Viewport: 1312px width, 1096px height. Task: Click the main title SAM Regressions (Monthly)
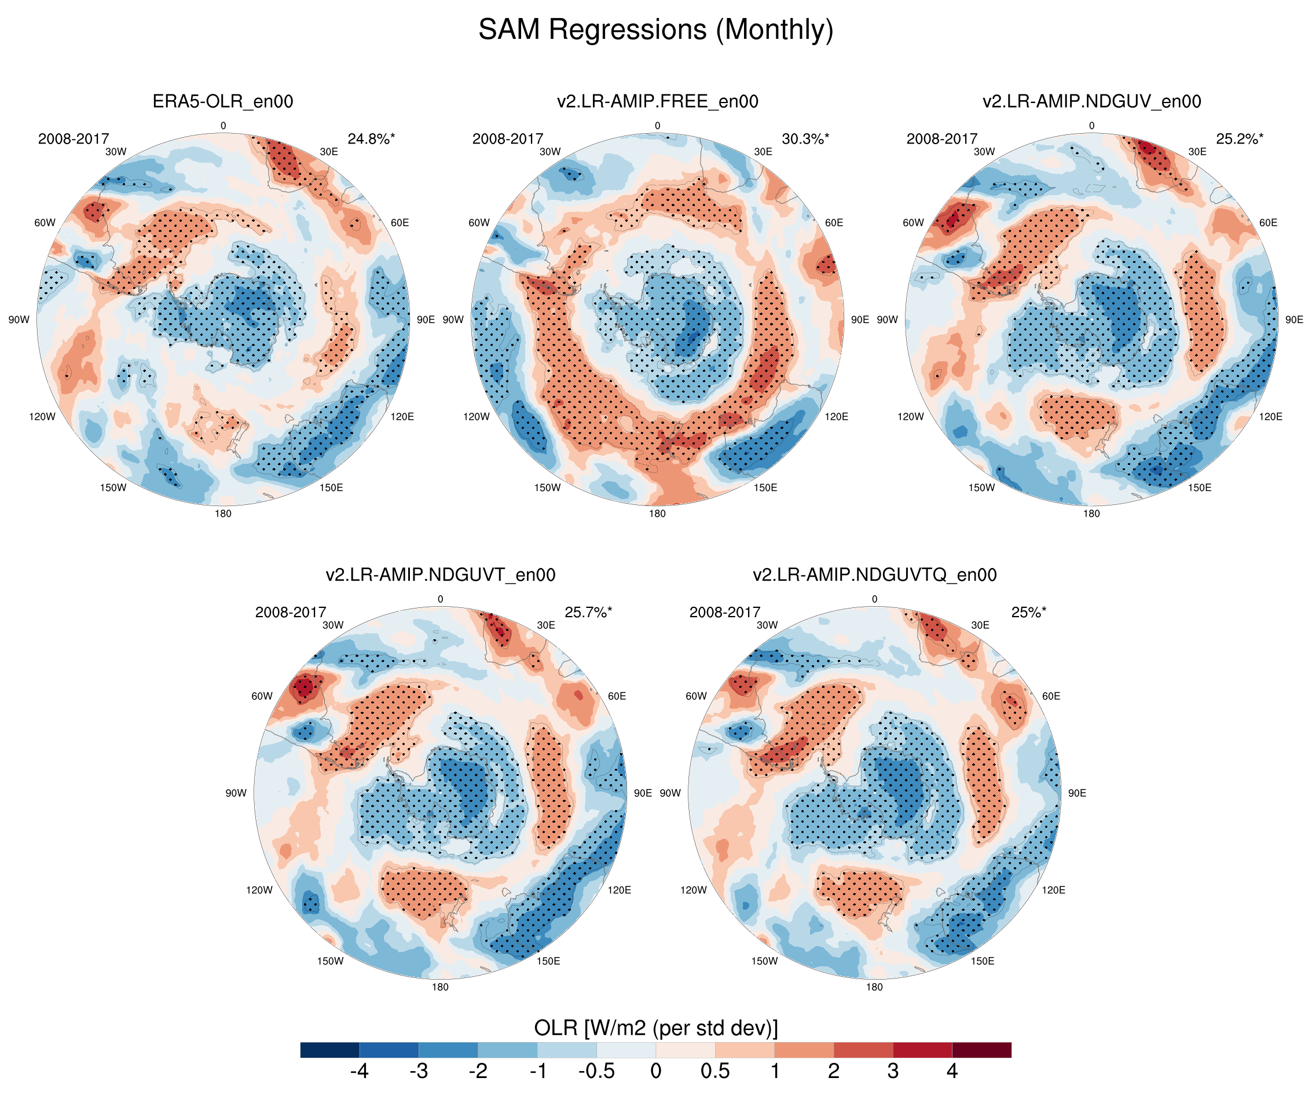[x=655, y=30]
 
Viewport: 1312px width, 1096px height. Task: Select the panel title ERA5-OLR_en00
[x=223, y=101]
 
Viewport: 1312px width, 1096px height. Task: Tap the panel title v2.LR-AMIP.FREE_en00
[x=657, y=101]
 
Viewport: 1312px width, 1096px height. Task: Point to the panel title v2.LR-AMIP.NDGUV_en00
[x=1091, y=101]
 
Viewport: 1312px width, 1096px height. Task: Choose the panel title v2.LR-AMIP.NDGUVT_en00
[x=441, y=575]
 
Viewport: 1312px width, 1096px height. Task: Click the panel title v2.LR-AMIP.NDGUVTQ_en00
[x=874, y=575]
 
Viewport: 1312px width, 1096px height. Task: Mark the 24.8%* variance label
[x=371, y=139]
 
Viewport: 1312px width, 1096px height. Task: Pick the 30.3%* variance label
[x=805, y=139]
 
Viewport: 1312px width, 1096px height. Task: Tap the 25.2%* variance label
[x=1240, y=139]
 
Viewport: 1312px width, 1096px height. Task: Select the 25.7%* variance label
[x=588, y=613]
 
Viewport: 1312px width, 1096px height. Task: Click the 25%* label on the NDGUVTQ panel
[x=1028, y=613]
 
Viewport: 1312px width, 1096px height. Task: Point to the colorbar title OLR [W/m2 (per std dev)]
[x=655, y=1028]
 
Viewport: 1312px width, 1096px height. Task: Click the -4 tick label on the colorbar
[x=359, y=1071]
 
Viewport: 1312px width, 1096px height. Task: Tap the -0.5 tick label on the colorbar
[x=596, y=1071]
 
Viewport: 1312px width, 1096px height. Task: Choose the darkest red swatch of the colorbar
[x=981, y=1050]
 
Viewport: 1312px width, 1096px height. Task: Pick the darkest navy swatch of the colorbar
[x=330, y=1050]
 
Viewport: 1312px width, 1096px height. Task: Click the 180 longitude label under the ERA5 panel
[x=223, y=514]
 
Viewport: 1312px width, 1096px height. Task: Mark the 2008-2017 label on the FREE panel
[x=507, y=139]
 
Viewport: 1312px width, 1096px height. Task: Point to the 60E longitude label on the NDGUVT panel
[x=617, y=696]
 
